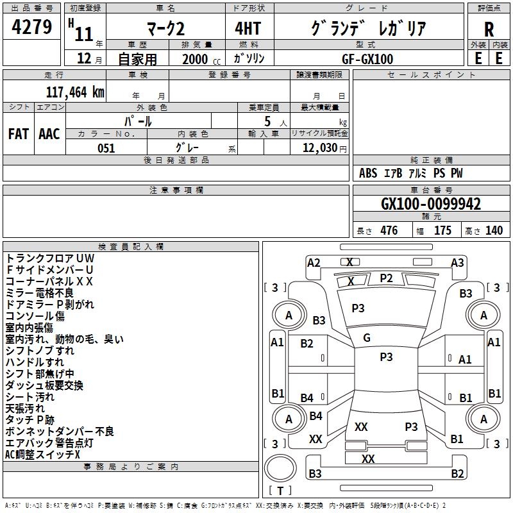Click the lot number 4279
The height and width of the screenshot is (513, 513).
point(31,27)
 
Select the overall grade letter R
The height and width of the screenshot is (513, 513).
point(489,29)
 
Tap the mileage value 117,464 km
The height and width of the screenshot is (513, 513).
point(75,92)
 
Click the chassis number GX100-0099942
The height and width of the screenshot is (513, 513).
point(431,204)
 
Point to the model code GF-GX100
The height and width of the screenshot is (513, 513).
point(367,59)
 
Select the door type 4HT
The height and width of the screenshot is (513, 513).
point(248,28)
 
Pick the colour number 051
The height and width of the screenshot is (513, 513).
point(106,148)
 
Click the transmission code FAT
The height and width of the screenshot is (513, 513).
point(19,134)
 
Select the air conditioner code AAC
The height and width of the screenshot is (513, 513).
point(49,134)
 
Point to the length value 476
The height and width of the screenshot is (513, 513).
point(389,231)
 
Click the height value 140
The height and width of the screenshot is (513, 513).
point(494,231)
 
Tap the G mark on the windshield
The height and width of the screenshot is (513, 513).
point(367,338)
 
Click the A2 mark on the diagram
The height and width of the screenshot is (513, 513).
point(314,263)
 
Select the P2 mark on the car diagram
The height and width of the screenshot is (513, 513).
point(386,278)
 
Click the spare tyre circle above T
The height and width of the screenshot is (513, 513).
point(280,467)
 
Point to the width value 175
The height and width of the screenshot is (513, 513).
point(442,231)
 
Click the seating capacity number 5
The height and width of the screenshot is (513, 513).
point(267,122)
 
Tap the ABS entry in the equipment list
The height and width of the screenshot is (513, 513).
point(368,173)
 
